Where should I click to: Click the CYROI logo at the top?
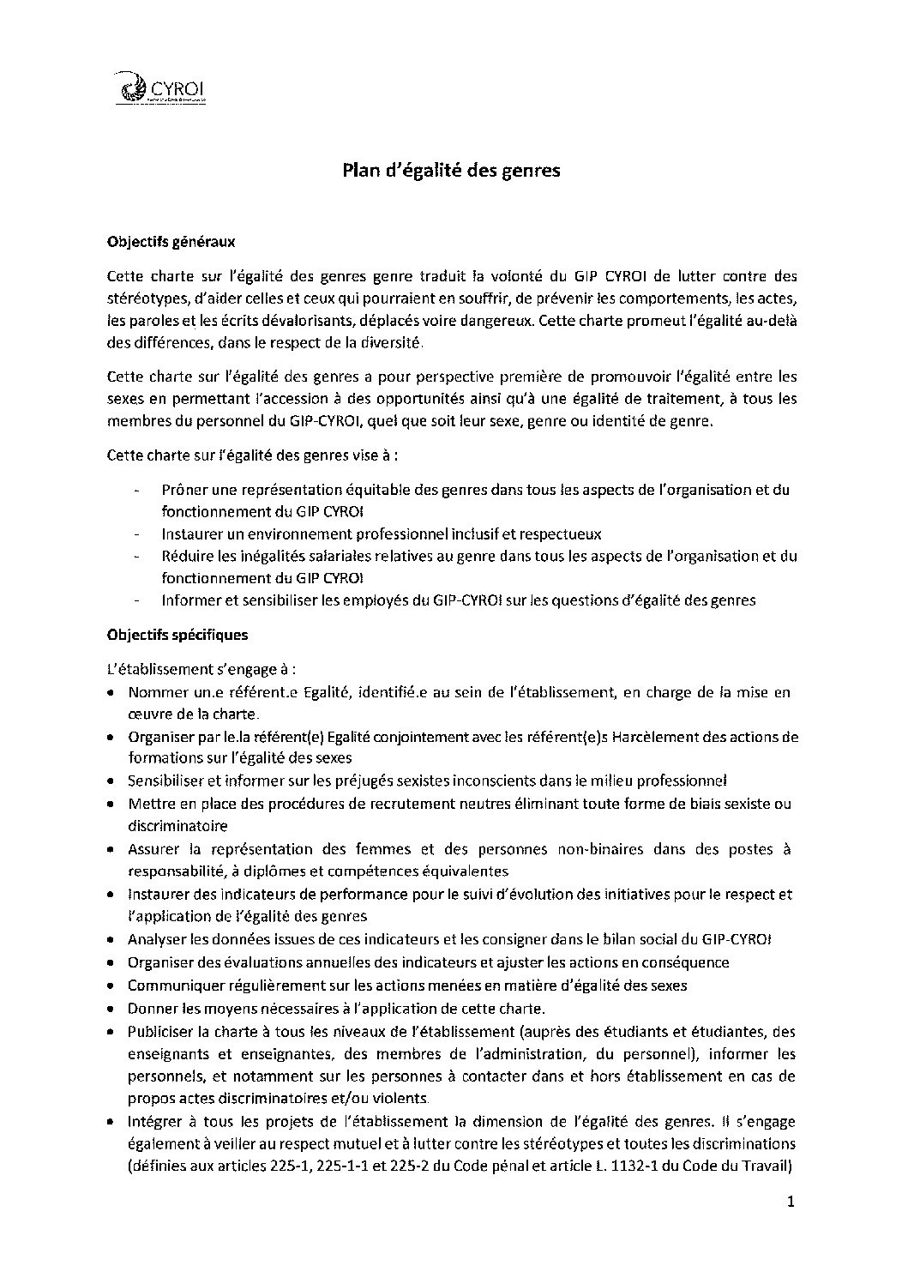pos(165,89)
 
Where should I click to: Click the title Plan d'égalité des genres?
pos(451,171)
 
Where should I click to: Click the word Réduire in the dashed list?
pos(186,556)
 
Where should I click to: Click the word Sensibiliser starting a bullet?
pos(168,781)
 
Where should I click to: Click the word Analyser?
pos(158,939)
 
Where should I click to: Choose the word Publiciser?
pos(160,1030)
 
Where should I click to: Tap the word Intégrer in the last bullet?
pos(155,1121)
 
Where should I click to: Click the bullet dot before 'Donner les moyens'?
pos(112,1009)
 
